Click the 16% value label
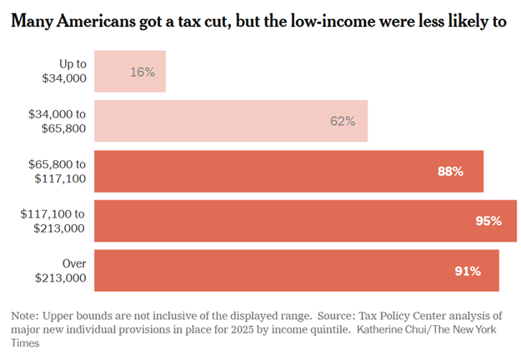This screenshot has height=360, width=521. point(143,72)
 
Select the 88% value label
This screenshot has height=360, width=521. point(449,171)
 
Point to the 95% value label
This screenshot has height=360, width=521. point(488,221)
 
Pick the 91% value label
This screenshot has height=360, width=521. point(468,271)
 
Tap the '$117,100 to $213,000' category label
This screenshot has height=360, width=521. point(53,221)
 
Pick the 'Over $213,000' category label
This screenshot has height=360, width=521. point(63,271)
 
